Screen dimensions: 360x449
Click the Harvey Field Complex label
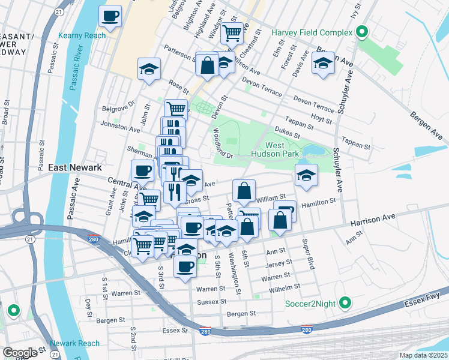tap(312, 31)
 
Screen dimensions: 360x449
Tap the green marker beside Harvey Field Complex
tap(362, 31)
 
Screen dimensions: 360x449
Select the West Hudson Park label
tap(283, 150)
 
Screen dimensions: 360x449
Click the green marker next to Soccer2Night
tap(345, 304)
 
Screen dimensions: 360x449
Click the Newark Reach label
tap(74, 343)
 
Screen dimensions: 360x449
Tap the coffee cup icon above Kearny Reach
tap(110, 16)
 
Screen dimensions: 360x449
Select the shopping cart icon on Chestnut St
tap(232, 32)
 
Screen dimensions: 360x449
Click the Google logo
tap(20, 353)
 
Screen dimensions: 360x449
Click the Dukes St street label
tap(286, 130)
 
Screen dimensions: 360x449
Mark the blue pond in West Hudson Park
tap(315, 149)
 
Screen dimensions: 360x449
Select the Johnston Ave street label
tap(122, 127)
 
